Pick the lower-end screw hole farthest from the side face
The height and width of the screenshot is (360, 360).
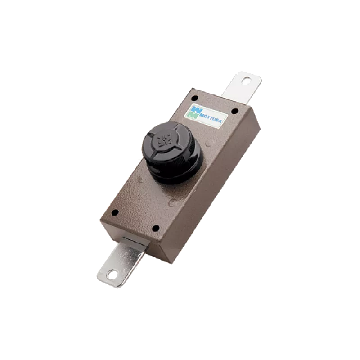tap(115, 212)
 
